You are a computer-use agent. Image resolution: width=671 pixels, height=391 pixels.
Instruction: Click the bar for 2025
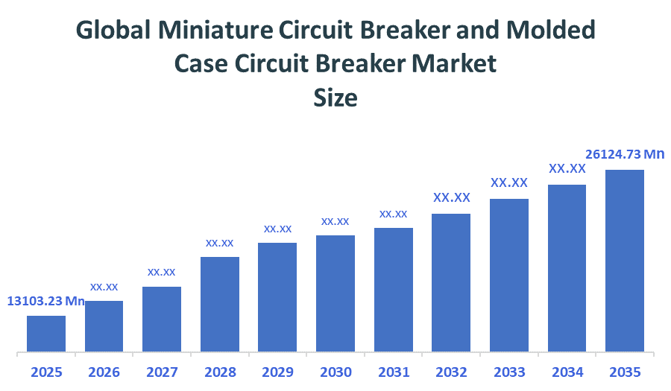(46, 333)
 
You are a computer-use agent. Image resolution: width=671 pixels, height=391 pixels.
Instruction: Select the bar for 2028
(219, 304)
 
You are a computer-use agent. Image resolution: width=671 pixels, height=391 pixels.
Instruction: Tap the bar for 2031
(393, 289)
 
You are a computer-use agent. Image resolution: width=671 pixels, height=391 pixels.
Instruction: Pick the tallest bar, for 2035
(624, 260)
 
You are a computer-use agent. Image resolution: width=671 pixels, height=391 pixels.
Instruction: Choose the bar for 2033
(508, 275)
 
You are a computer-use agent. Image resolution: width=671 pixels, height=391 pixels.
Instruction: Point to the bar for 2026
(104, 325)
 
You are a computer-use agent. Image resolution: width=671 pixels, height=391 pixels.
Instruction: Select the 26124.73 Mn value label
(624, 154)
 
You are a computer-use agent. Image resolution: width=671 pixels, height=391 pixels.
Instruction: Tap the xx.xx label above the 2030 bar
(335, 221)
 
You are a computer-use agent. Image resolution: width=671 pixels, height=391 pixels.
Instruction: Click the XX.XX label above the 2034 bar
(567, 168)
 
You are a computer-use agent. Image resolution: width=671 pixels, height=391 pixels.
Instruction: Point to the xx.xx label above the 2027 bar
(162, 272)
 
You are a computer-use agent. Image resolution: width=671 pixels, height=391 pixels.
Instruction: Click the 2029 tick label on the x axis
(277, 372)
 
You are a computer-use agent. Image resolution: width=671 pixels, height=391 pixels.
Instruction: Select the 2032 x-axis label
(450, 372)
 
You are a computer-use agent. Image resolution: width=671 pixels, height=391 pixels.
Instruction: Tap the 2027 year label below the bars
(162, 372)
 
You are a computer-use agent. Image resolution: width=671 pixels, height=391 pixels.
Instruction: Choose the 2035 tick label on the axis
(624, 372)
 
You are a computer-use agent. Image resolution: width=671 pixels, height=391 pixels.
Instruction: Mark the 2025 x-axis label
(46, 372)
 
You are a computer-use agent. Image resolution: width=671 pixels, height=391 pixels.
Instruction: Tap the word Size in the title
(335, 98)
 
